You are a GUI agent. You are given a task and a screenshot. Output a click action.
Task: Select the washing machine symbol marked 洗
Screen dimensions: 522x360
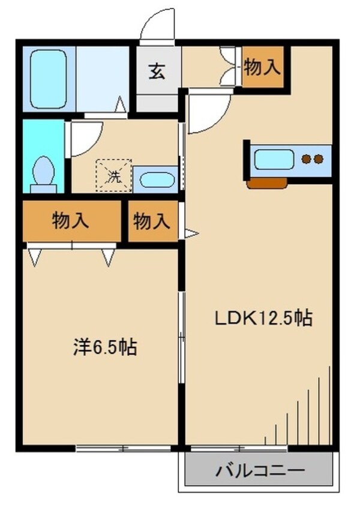[113, 175]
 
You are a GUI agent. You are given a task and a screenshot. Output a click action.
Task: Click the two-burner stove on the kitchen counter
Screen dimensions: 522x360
[312, 160]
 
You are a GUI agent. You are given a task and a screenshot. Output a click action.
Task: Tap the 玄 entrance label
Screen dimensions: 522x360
[157, 73]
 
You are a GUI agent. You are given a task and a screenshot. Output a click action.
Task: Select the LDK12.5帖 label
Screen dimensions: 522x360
[263, 318]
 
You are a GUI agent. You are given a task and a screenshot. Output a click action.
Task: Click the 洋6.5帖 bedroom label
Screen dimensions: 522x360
[104, 347]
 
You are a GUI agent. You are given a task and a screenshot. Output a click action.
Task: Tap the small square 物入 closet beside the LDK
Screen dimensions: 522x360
[151, 221]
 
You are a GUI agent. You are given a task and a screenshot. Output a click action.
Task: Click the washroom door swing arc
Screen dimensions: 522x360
[85, 137]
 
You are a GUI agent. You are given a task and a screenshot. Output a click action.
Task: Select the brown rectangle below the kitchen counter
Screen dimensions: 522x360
[266, 184]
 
